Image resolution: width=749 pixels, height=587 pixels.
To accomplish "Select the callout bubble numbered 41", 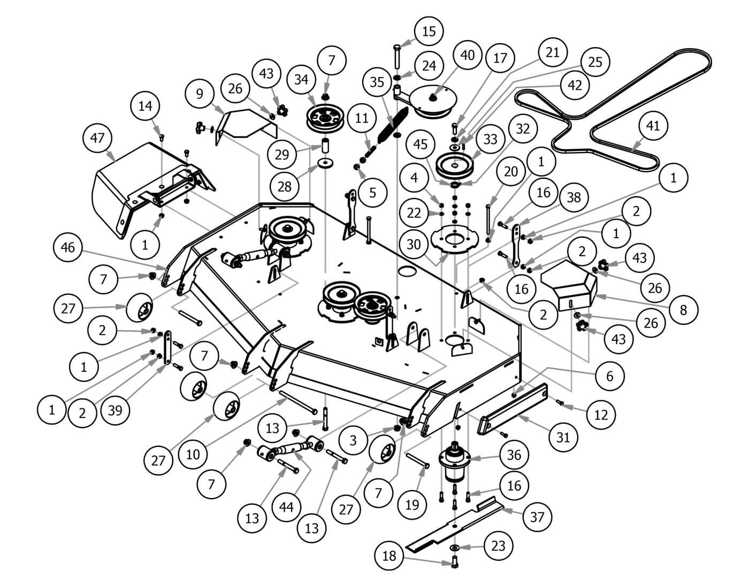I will (x=653, y=126).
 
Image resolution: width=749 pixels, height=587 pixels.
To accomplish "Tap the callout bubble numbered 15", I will (x=429, y=31).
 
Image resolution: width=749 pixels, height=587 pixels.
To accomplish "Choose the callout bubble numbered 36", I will (x=514, y=455).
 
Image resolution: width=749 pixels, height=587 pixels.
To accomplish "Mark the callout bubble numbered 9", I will (x=200, y=94).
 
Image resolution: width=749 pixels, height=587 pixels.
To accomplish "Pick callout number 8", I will (x=683, y=309).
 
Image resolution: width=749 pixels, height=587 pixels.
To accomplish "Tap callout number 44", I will (x=287, y=506).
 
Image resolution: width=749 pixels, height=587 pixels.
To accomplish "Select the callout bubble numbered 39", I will (x=115, y=410).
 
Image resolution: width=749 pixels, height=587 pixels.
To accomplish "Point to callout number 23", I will (x=498, y=546).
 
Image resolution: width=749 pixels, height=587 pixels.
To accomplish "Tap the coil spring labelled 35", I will (x=393, y=125).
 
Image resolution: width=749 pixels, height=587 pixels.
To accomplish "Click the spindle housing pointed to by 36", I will (x=454, y=460).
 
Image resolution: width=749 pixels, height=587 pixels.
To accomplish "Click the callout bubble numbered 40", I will (x=467, y=55).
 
